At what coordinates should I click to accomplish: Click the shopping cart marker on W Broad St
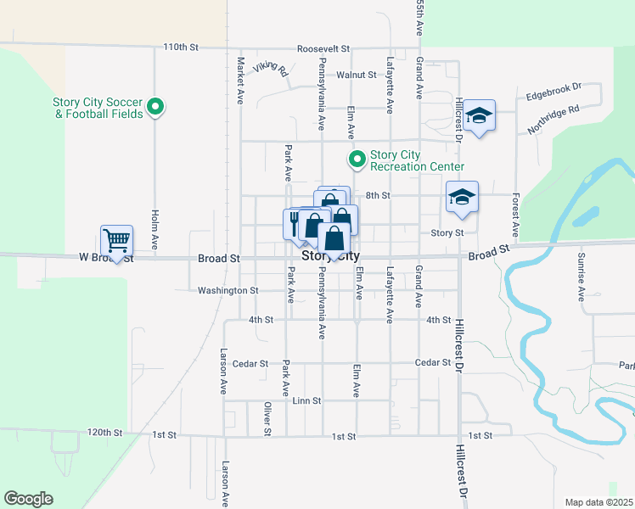pos(116,239)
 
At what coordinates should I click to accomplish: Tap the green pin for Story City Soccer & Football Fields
pos(155,107)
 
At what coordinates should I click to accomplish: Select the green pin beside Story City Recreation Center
pos(357,159)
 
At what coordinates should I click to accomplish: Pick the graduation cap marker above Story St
pos(462,198)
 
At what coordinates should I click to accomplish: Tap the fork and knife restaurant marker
pos(293,223)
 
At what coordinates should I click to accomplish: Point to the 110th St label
pos(180,48)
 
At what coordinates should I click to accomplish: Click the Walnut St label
pos(356,75)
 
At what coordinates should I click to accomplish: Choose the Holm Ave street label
pos(155,228)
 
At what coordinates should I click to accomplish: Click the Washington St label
pos(228,290)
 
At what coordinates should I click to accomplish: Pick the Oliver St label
pos(267,418)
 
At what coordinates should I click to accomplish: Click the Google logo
pos(28,499)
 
